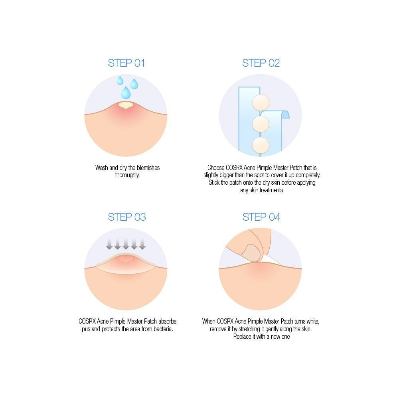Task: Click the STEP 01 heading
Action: [126, 63]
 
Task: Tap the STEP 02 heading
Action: [261, 63]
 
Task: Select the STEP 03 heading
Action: [126, 217]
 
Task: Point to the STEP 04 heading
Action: [261, 217]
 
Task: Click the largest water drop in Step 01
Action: [126, 93]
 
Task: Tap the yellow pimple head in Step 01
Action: [126, 105]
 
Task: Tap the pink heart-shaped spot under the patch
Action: [126, 259]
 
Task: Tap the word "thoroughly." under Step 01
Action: [127, 175]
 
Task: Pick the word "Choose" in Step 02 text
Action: [216, 168]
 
